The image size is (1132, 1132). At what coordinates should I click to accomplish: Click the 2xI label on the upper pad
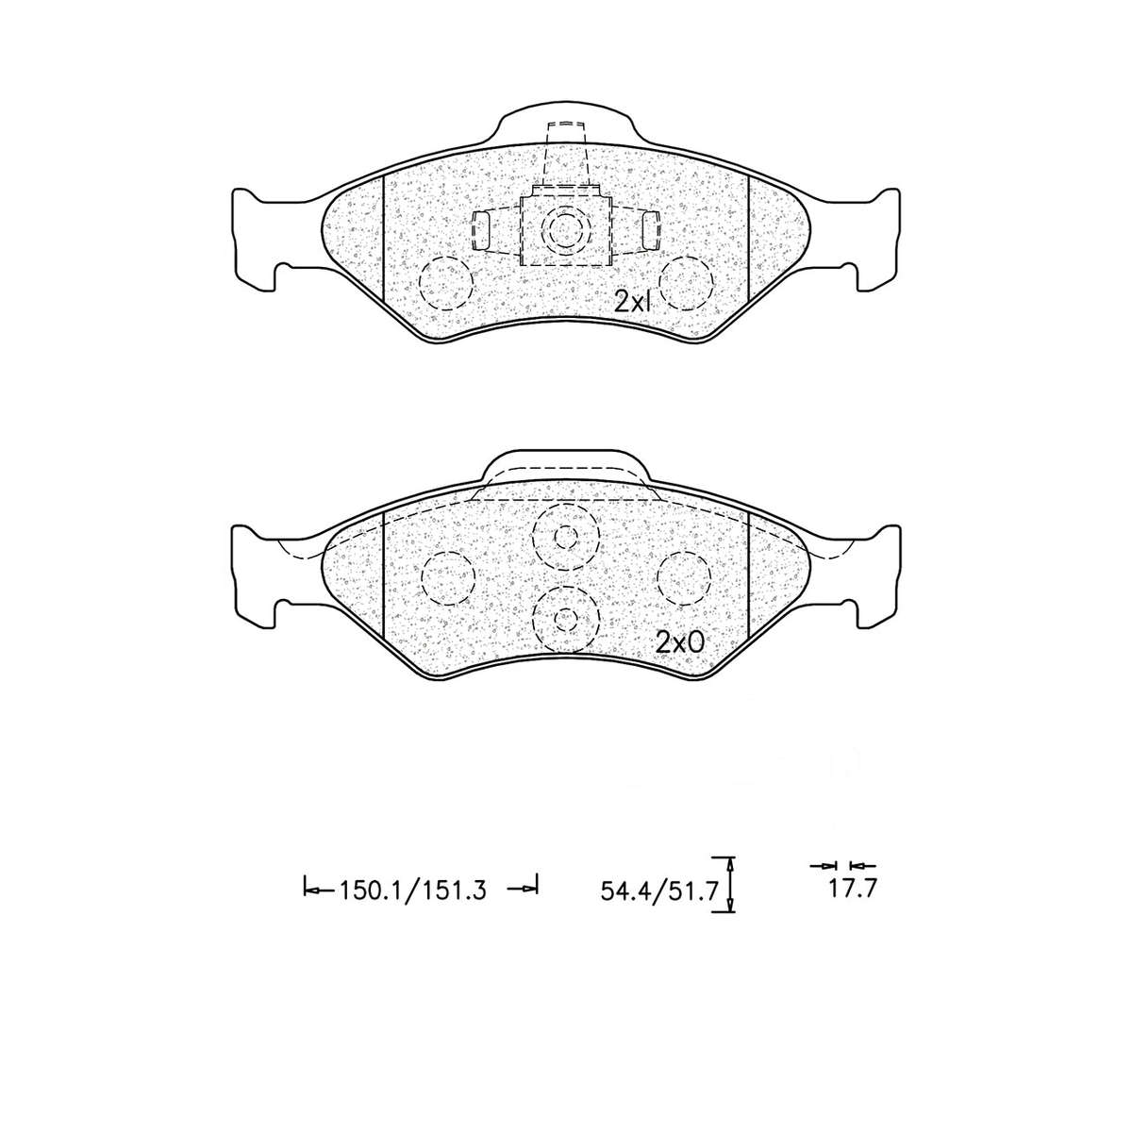click(634, 302)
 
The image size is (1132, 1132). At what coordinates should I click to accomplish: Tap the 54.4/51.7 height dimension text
click(659, 889)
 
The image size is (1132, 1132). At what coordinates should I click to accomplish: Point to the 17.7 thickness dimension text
click(846, 889)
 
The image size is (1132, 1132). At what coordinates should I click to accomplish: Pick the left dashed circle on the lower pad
click(447, 576)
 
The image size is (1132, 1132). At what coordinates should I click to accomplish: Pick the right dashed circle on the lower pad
click(683, 576)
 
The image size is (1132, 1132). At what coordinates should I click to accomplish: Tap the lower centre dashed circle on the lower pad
click(565, 618)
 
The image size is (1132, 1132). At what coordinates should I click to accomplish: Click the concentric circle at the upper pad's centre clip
click(565, 229)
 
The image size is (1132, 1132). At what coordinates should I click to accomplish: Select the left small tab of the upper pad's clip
click(481, 230)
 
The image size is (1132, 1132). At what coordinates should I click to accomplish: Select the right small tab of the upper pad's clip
click(650, 230)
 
